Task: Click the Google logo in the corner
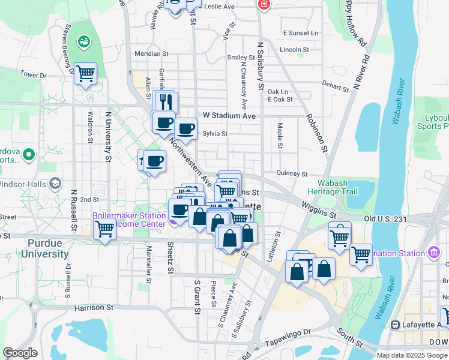(x=20, y=353)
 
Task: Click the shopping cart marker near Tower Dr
(x=86, y=74)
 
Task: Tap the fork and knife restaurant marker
(x=166, y=102)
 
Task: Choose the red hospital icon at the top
(x=263, y=5)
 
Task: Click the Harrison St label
(x=94, y=308)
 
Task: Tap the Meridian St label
(x=150, y=53)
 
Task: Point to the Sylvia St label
(x=215, y=134)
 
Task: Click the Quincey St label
(x=292, y=173)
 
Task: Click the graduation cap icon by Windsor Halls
(x=55, y=183)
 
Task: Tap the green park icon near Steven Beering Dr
(x=83, y=41)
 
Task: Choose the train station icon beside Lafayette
(x=395, y=325)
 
